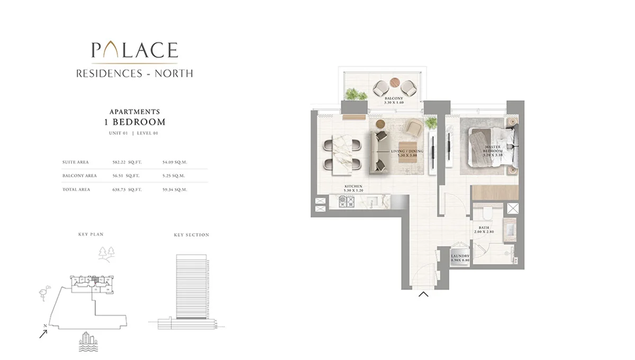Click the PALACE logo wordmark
134,50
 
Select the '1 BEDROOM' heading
134,122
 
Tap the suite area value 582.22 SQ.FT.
125,163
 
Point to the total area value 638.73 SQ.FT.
125,189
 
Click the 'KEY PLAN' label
90,233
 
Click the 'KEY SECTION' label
192,235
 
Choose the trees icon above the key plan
106,253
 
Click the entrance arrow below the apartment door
423,294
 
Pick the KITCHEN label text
353,187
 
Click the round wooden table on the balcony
394,83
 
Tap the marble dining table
342,154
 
